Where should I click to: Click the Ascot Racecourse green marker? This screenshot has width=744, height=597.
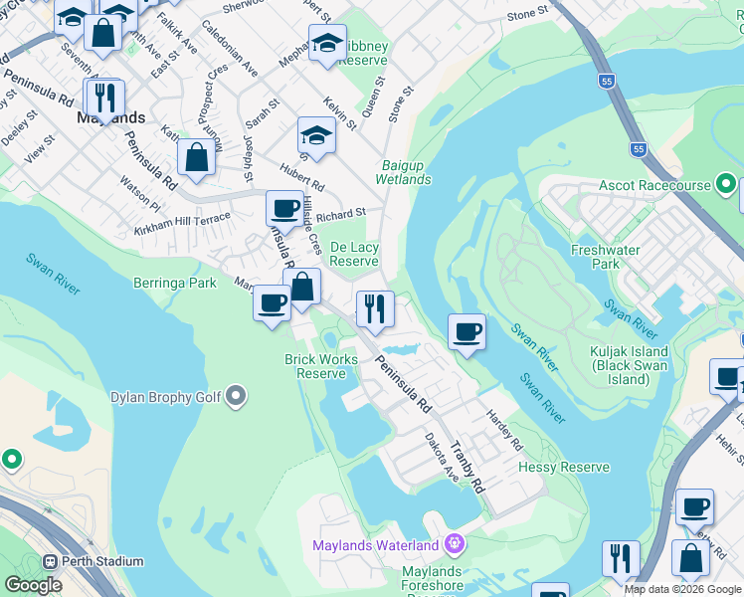click(x=726, y=185)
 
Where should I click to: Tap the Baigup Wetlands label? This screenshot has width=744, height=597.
click(x=403, y=172)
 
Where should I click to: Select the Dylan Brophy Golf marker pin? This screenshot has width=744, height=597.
click(x=236, y=397)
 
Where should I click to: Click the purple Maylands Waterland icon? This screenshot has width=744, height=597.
click(x=455, y=544)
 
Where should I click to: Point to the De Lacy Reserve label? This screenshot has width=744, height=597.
click(x=354, y=254)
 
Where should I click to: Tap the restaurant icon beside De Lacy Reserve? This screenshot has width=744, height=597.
click(x=375, y=308)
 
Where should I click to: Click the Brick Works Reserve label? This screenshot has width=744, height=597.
click(x=320, y=366)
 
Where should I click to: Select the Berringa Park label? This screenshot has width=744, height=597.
click(x=175, y=283)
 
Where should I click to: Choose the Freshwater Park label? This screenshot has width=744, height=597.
click(x=595, y=257)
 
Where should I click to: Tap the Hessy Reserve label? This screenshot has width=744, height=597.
click(x=571, y=467)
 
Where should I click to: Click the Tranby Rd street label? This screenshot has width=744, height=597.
click(x=465, y=468)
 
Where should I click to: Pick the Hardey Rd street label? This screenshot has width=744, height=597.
click(x=503, y=429)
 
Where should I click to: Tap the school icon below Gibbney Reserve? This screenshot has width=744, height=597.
click(x=316, y=135)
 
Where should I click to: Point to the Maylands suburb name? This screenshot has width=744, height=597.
click(x=110, y=117)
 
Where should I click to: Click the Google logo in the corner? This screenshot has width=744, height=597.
click(x=34, y=585)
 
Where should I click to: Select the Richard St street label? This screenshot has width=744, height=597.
click(x=346, y=212)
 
